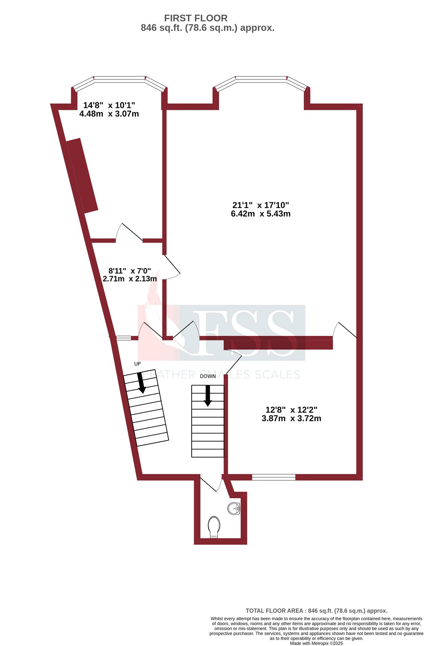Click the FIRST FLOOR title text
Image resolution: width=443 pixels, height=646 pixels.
(x=196, y=18)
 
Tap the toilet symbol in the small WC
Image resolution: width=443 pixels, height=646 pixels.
(x=214, y=527)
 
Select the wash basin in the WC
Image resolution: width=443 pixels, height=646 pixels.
(x=234, y=508)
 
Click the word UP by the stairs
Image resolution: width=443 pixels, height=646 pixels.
(x=137, y=364)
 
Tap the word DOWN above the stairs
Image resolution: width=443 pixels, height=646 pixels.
(x=208, y=376)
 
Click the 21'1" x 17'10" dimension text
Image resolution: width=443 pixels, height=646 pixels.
(x=261, y=205)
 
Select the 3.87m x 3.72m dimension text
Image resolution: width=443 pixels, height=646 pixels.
(x=291, y=419)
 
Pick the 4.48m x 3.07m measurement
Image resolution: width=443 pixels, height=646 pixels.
(x=109, y=114)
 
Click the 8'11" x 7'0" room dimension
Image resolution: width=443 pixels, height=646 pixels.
(x=130, y=271)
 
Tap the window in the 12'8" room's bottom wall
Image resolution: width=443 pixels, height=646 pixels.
(x=274, y=477)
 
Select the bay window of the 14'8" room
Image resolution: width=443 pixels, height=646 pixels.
(x=119, y=80)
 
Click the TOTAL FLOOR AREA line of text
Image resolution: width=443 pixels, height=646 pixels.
(x=316, y=611)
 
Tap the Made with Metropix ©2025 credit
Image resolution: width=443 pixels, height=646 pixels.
(x=316, y=643)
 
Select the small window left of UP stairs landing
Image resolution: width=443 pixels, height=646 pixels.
(x=123, y=338)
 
